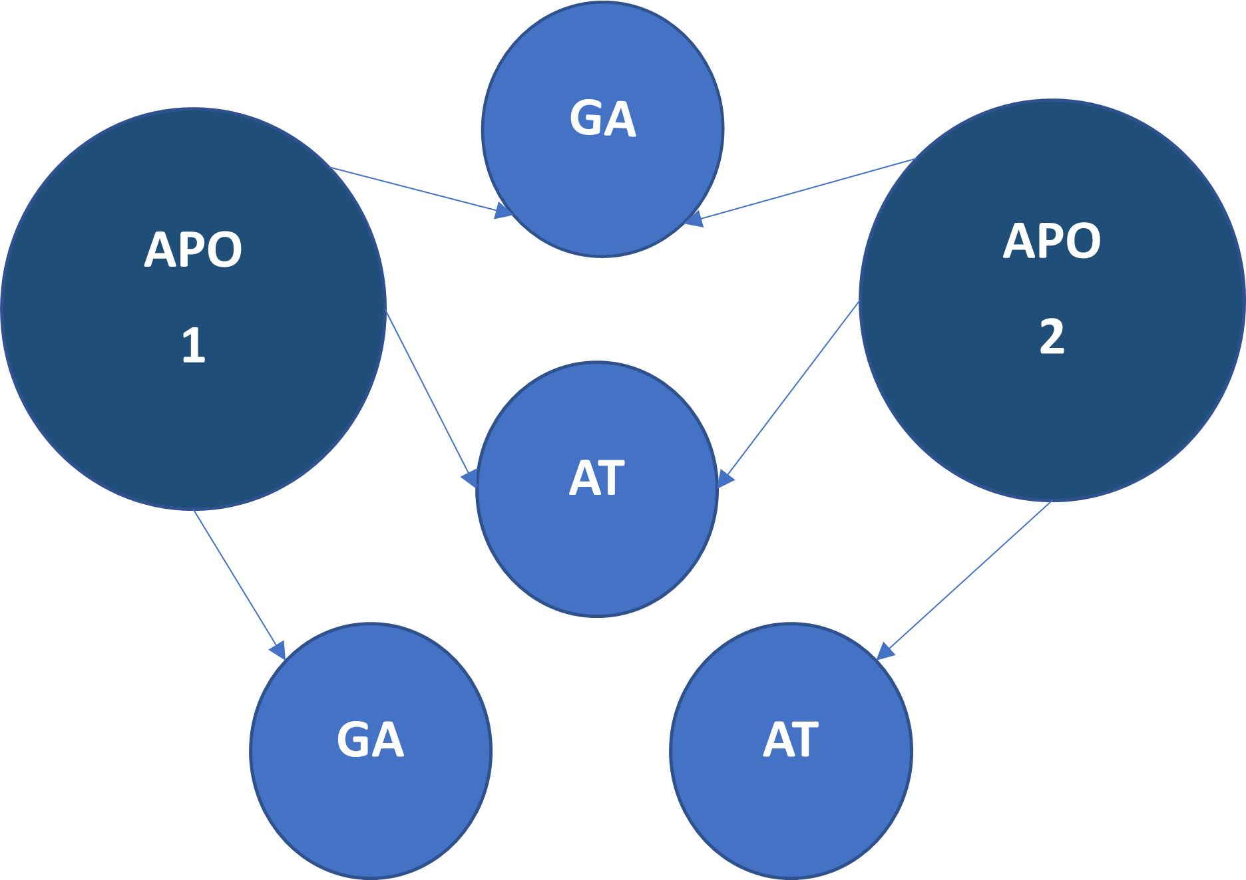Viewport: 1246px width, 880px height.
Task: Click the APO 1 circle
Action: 193,412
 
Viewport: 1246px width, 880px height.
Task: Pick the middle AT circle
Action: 597,545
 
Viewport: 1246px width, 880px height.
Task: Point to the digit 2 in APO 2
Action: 1052,337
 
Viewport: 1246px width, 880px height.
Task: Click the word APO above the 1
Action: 193,250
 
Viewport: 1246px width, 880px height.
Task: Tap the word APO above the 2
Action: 1052,241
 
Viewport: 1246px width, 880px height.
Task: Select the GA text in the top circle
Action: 602,119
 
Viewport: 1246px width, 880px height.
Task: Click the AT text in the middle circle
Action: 597,478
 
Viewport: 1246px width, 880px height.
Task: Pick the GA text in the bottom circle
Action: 370,740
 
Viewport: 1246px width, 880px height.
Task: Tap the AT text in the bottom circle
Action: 791,740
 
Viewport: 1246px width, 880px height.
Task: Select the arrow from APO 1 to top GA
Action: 419,190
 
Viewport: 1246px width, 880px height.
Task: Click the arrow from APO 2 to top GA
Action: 805,189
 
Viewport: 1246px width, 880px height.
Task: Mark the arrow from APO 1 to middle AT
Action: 430,396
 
